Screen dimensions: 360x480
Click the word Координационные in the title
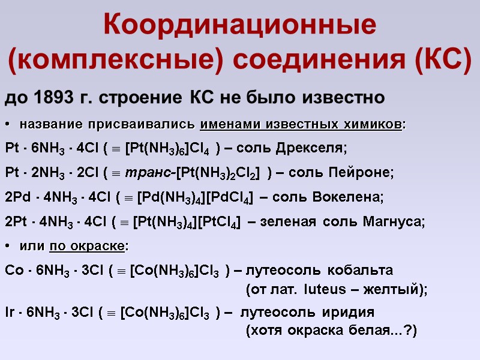click(240, 25)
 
